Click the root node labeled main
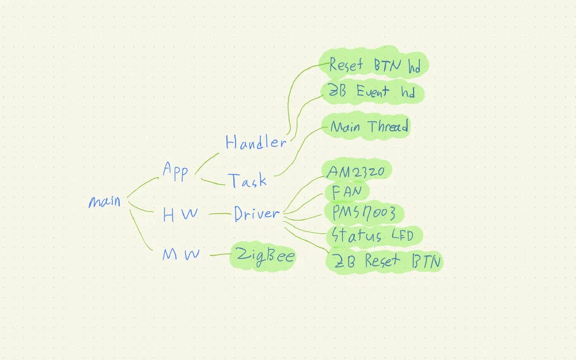(x=104, y=202)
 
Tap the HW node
(x=180, y=215)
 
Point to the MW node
(x=180, y=255)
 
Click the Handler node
(x=255, y=142)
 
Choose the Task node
(x=247, y=181)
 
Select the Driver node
(x=256, y=214)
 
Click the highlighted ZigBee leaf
(x=264, y=257)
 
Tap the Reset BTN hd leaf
(x=374, y=66)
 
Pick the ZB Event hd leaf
(x=372, y=92)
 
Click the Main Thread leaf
(x=369, y=127)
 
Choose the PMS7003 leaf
(x=363, y=213)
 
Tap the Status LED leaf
(x=372, y=236)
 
